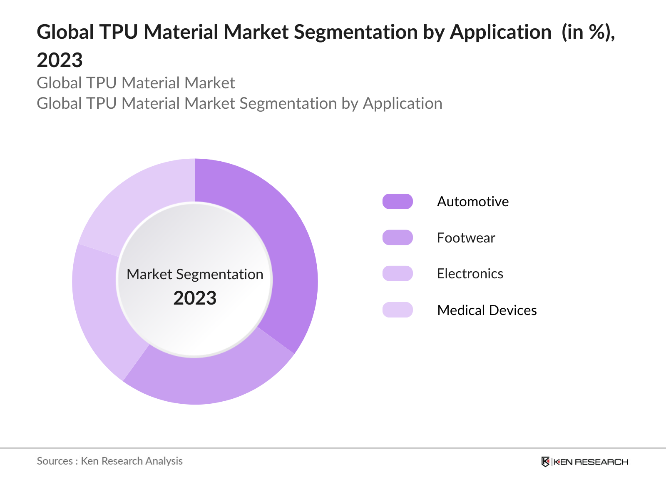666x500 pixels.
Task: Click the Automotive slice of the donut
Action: (x=287, y=250)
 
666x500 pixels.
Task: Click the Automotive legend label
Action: (x=472, y=202)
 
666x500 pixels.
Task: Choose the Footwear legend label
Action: (x=466, y=238)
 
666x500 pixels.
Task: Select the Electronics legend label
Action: (x=470, y=274)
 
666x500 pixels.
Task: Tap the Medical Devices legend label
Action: (x=487, y=310)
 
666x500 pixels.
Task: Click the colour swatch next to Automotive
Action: (x=398, y=202)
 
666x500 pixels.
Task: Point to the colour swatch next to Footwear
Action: (x=398, y=237)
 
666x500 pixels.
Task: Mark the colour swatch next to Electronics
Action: (x=398, y=274)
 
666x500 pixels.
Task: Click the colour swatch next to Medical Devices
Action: (x=398, y=310)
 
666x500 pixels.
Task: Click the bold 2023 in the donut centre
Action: (x=195, y=298)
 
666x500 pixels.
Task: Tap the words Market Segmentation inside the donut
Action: (x=195, y=274)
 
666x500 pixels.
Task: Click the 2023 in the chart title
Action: (x=60, y=60)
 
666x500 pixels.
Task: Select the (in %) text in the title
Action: (x=586, y=32)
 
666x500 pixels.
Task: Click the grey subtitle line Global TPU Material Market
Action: (x=136, y=83)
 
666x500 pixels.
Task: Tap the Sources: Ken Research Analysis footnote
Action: (x=109, y=461)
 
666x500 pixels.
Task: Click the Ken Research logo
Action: (x=584, y=462)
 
